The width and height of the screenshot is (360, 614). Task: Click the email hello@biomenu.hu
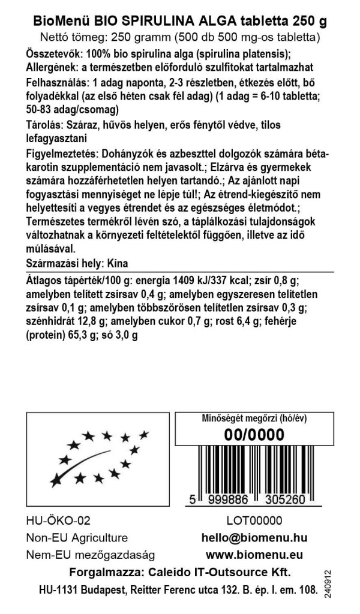pyautogui.click(x=254, y=538)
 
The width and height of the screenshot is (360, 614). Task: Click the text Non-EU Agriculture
pyautogui.click(x=77, y=538)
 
